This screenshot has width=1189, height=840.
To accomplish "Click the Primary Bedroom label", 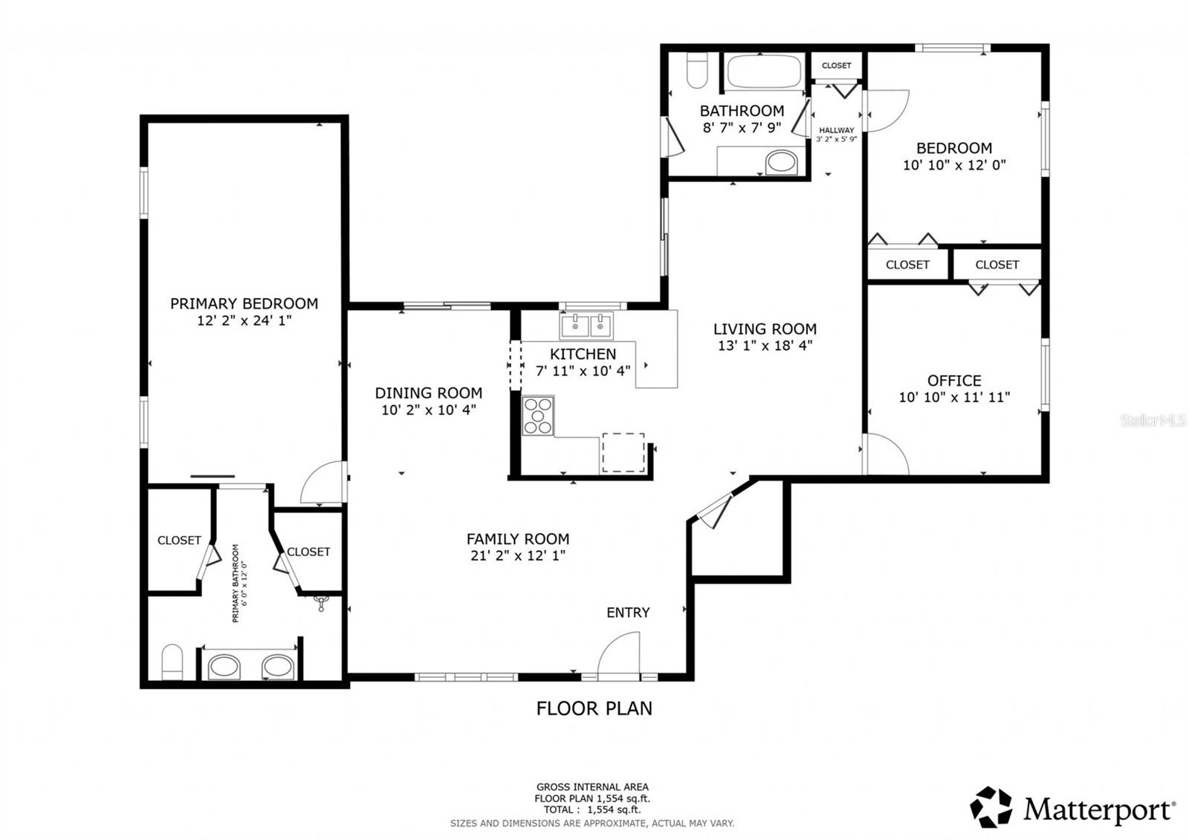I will [x=244, y=303].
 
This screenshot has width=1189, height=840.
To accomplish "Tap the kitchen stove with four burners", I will [x=538, y=416].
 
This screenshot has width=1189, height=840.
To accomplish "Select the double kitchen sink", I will [x=586, y=325].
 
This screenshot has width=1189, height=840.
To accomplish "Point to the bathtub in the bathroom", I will [x=764, y=72].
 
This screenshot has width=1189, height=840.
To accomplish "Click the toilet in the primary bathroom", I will [x=172, y=662].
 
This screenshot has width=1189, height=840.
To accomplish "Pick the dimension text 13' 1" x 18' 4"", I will [x=765, y=346].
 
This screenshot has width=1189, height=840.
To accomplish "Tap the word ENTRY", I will [x=628, y=613].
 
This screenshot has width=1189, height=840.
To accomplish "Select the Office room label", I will [x=954, y=381].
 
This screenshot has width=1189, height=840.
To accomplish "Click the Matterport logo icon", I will [x=991, y=807].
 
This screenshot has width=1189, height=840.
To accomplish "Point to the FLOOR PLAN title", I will [x=594, y=708].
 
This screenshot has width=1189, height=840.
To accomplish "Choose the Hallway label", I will [x=837, y=130].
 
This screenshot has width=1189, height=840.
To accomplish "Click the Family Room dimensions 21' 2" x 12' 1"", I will [x=518, y=556].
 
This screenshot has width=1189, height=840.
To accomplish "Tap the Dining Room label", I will [x=428, y=393].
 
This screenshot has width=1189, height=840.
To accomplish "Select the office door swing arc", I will [x=887, y=455].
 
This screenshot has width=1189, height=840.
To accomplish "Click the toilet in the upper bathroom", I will [x=697, y=71].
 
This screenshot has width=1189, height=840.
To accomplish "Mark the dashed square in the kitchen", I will [x=623, y=452].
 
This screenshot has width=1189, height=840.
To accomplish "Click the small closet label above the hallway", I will [x=836, y=65].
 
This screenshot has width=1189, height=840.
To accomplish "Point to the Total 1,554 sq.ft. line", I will [x=592, y=810].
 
